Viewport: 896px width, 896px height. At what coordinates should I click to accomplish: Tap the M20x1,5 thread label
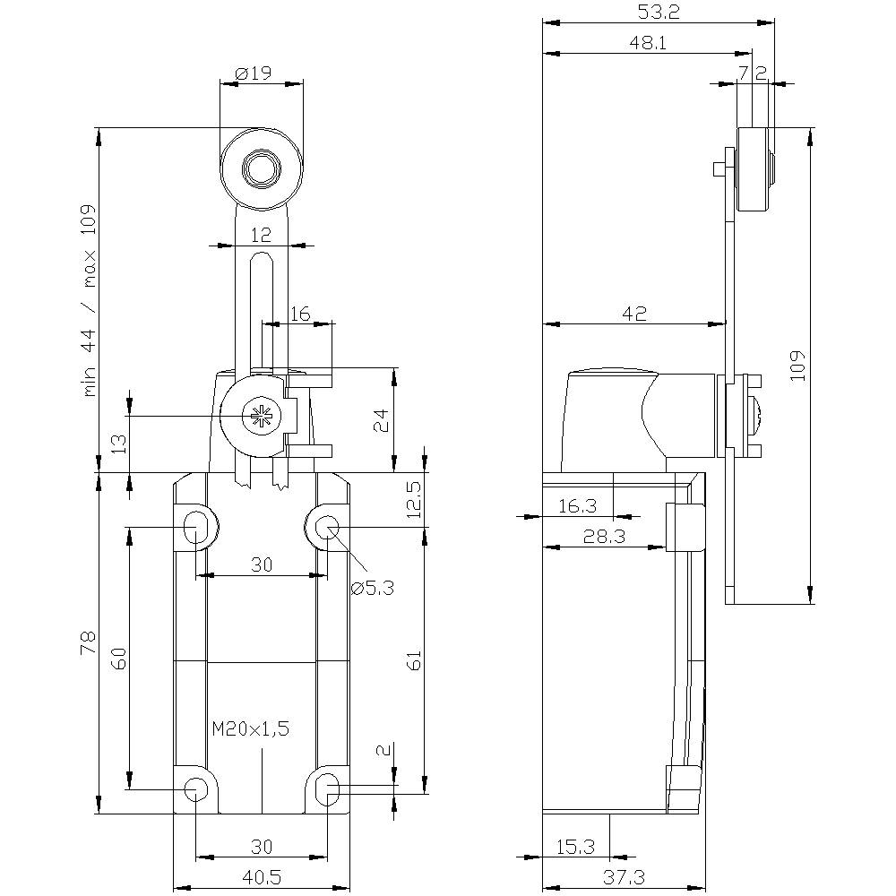pyautogui.click(x=251, y=729)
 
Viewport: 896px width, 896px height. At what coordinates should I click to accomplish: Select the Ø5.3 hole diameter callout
pyautogui.click(x=374, y=588)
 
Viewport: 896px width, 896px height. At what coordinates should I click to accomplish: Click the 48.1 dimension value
pyautogui.click(x=648, y=42)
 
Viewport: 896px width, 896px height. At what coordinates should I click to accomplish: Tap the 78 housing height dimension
pyautogui.click(x=88, y=643)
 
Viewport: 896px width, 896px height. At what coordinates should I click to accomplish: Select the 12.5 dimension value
pyautogui.click(x=412, y=500)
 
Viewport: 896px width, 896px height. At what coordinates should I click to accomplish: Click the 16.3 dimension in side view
pyautogui.click(x=577, y=505)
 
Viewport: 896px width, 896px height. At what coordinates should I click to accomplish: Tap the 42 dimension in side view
pyautogui.click(x=634, y=313)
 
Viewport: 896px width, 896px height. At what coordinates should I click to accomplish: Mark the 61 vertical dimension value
pyautogui.click(x=413, y=661)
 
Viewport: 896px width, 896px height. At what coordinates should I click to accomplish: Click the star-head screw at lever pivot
pyautogui.click(x=262, y=415)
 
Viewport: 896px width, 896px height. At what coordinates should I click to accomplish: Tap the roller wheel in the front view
pyautogui.click(x=261, y=167)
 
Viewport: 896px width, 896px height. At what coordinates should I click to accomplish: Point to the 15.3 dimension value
pyautogui.click(x=575, y=845)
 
